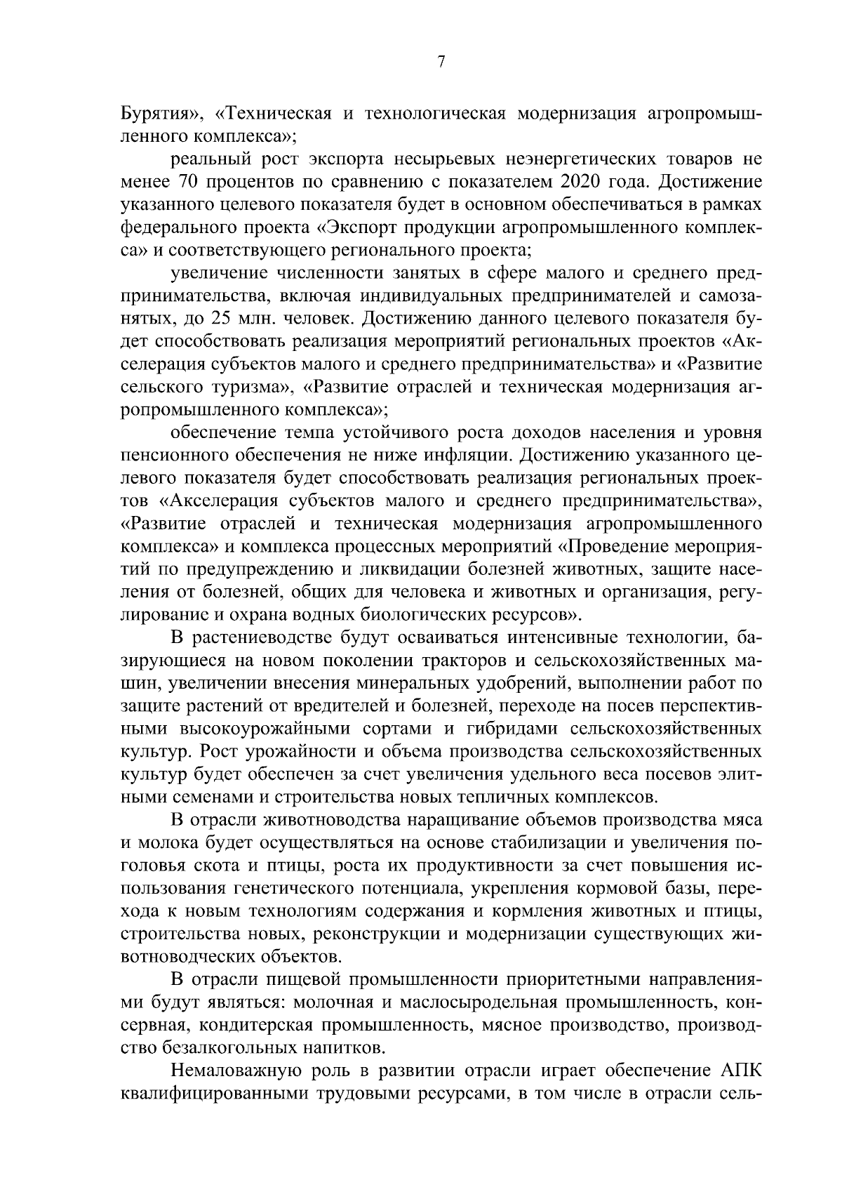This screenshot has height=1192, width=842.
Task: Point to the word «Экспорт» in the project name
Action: pyautogui.click(x=328, y=227)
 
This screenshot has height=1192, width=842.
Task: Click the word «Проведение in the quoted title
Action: pyautogui.click(x=625, y=546)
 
